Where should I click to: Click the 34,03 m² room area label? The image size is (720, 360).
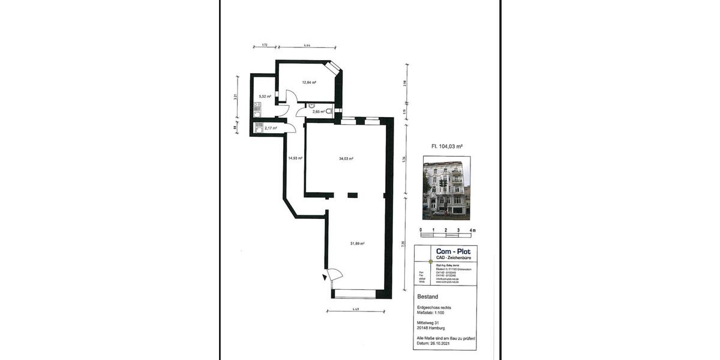coord(346,159)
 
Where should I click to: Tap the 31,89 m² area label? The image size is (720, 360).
coord(358,244)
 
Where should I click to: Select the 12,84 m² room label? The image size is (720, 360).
coord(309,83)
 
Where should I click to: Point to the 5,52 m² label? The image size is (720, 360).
coord(265,97)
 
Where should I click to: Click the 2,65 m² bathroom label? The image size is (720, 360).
coord(318,112)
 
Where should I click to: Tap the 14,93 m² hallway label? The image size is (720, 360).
coord(295,158)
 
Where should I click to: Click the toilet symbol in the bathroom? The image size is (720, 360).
coord(329,111)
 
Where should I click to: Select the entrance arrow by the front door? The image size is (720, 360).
coord(325,277)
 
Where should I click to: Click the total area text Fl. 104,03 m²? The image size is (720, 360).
coord(447,146)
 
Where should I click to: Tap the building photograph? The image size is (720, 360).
coord(446,188)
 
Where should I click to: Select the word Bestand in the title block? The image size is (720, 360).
coord(427,297)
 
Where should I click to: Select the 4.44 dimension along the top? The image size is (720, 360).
coord(307,46)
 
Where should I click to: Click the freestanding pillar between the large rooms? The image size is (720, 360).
coord(352,194)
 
